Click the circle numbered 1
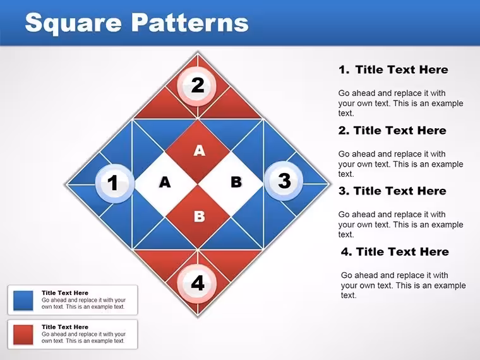coord(115,183)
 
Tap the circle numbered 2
coord(198,86)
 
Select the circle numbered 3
coord(284,181)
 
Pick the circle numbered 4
coord(198,283)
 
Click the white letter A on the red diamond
coord(200,150)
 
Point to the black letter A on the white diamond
coord(165,182)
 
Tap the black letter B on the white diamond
coord(236,182)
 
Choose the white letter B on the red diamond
coord(200,217)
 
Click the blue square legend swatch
coord(23,300)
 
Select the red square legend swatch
coord(23,335)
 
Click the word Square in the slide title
coord(73,23)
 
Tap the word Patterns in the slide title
coord(190,22)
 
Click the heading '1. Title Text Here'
coord(393,70)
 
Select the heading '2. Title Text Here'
coord(392,131)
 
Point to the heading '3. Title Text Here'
coord(392,191)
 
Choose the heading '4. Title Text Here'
coord(395,252)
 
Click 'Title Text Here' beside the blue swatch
coord(65,293)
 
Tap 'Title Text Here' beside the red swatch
coord(65,327)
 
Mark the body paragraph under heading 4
coord(404,285)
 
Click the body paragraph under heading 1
coord(400,103)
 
